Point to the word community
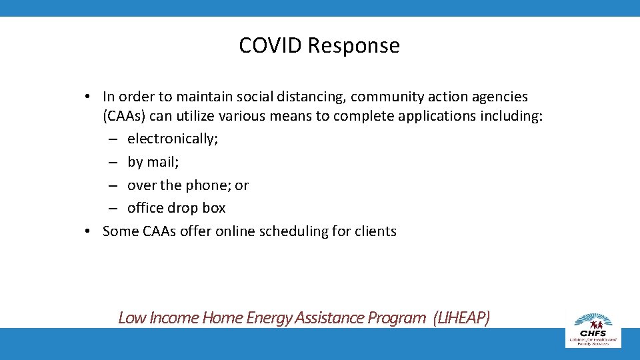[385, 97]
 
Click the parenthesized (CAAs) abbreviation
[124, 117]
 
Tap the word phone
[208, 185]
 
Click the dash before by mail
[114, 162]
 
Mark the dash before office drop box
[114, 208]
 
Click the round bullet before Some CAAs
[87, 231]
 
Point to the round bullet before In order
[87, 97]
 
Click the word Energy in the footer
[270, 318]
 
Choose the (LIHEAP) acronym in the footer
[461, 318]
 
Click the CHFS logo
[593, 329]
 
